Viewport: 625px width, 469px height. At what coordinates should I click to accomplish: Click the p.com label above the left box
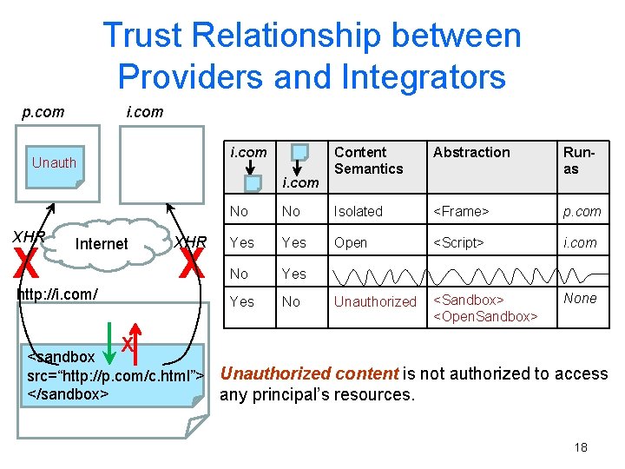click(x=43, y=111)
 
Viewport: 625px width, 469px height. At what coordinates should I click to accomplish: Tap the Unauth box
click(x=54, y=162)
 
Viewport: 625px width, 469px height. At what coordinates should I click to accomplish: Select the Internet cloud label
click(x=102, y=244)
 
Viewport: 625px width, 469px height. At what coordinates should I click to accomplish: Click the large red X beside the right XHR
click(x=191, y=263)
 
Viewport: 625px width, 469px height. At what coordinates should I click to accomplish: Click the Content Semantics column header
click(x=368, y=161)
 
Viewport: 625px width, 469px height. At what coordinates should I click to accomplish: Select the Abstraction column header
click(x=471, y=153)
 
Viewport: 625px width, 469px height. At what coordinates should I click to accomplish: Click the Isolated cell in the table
click(x=358, y=211)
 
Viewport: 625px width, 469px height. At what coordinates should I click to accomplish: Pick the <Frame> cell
click(x=461, y=211)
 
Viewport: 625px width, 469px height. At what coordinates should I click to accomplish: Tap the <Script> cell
click(x=461, y=243)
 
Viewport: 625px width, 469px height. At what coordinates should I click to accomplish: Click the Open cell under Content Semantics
click(x=351, y=243)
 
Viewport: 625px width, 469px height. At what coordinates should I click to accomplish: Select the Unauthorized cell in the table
click(x=375, y=301)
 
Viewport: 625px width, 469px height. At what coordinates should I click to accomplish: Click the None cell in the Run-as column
click(x=580, y=298)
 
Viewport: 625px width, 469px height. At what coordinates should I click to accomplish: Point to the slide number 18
click(x=581, y=447)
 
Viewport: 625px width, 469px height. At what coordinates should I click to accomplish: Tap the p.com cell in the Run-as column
click(x=582, y=211)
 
